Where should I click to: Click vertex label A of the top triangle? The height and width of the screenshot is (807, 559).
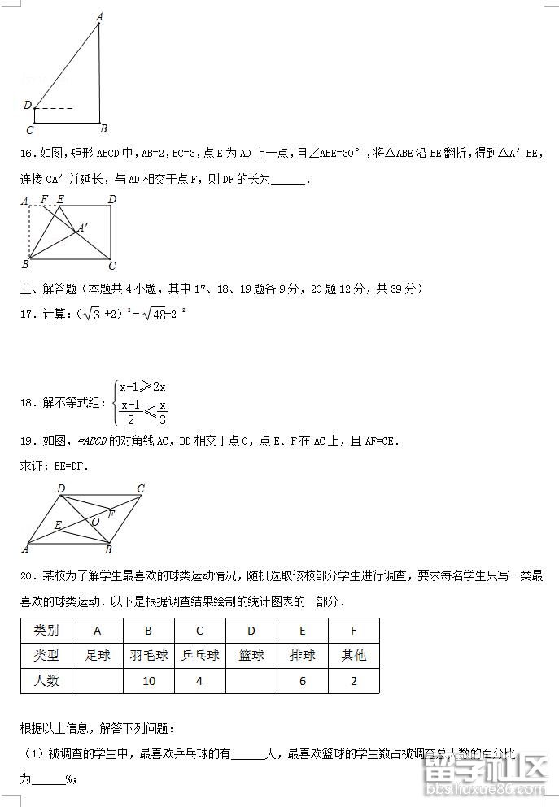tap(99, 15)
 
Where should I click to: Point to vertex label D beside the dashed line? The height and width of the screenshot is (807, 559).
tap(27, 106)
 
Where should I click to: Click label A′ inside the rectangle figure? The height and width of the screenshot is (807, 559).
tap(84, 229)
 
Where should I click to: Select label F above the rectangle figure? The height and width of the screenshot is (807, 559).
tap(43, 199)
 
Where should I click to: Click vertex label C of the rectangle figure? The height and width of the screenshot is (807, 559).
tap(112, 266)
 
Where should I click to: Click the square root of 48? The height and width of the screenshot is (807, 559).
tap(140, 314)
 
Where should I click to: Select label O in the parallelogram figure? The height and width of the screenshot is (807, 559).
tap(95, 521)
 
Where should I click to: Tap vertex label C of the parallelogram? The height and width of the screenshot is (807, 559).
tap(141, 489)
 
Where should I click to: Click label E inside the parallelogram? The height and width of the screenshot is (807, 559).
tap(58, 526)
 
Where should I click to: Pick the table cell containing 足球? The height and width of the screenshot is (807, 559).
tap(98, 655)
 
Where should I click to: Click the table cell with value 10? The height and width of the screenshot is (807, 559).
tap(148, 681)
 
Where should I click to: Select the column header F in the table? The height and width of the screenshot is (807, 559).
tap(353, 631)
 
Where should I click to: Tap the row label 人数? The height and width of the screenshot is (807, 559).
tap(46, 681)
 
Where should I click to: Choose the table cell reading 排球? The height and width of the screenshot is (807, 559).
tap(302, 655)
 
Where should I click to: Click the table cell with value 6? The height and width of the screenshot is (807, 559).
tap(302, 681)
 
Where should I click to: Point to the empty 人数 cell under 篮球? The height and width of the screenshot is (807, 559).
tap(251, 681)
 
